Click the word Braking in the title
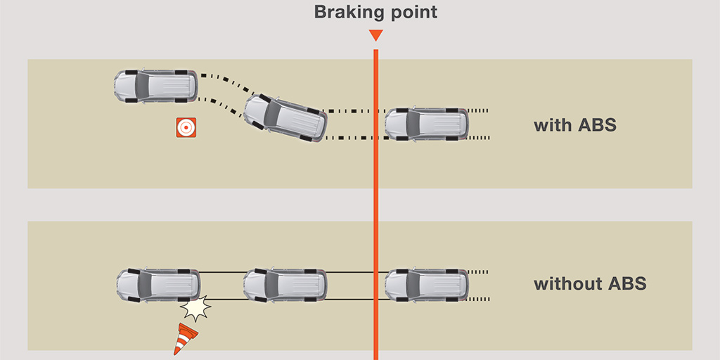pos(342,12)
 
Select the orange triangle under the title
pos(375,35)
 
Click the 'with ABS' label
pos(574,126)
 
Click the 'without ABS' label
pos(589,284)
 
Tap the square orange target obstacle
pos(186,127)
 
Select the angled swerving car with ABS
pos(285,117)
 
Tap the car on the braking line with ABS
pos(427,124)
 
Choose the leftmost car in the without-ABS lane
pos(157,285)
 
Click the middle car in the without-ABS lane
pos(285,285)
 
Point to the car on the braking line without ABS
pos(427,285)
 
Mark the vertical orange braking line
pos(375,211)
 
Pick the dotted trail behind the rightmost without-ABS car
pos(479,271)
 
